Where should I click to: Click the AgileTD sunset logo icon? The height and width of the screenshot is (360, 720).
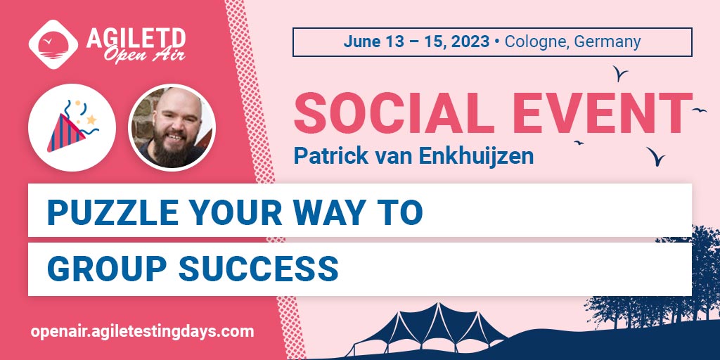53,43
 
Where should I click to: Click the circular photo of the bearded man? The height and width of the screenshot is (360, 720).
172,127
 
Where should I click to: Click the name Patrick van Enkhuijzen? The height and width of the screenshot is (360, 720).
413,155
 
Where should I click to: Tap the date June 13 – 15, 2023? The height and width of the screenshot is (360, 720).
416,41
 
